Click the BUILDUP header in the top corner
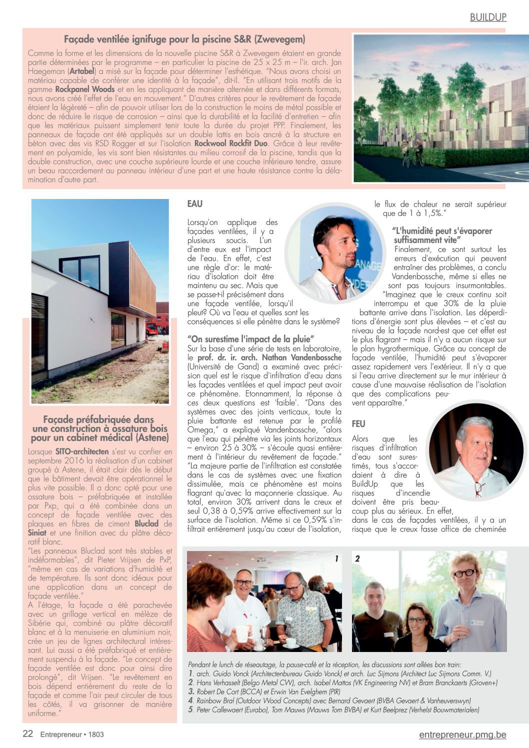click(488, 17)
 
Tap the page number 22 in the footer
click(28, 733)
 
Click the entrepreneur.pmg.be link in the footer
click(462, 734)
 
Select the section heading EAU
click(195, 203)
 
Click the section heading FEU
click(358, 423)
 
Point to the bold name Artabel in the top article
click(82, 71)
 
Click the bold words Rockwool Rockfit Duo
click(231, 143)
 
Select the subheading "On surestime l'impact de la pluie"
click(250, 339)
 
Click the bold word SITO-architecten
click(82, 451)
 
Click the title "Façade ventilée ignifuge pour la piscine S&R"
click(184, 39)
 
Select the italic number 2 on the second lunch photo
click(357, 558)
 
